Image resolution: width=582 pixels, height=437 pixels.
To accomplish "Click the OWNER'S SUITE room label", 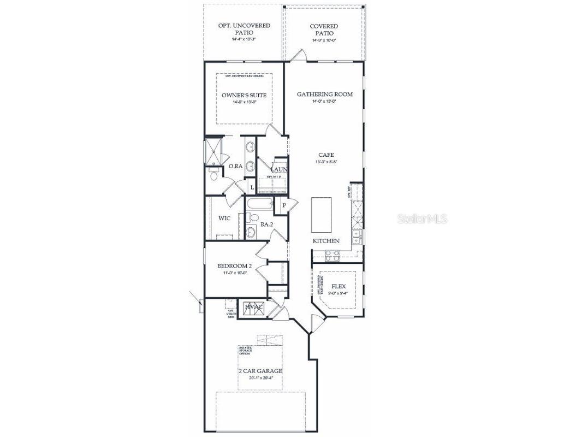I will tap(244, 96).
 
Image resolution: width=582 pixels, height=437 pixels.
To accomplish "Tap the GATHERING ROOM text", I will tap(324, 95).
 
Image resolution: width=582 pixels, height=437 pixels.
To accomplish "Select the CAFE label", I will tap(325, 155).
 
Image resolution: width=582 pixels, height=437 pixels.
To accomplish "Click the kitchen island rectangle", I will tap(322, 215).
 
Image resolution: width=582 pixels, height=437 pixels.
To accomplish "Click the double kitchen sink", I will tap(356, 237).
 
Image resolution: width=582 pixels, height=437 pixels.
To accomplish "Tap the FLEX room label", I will tap(339, 286).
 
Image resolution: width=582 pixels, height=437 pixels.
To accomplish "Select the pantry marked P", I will tap(284, 205).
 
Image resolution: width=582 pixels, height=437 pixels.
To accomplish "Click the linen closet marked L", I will tap(251, 187).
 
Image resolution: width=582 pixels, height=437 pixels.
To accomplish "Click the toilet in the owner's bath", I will tap(213, 176).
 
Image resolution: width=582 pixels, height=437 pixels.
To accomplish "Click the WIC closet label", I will tap(224, 218).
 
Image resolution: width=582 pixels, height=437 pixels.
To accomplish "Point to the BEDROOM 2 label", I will tap(235, 266).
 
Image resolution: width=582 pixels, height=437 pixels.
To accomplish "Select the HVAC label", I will tap(253, 307).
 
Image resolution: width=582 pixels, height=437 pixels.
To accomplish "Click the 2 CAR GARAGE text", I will tap(260, 371).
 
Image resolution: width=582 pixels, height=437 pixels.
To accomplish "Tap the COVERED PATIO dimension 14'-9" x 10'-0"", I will tap(324, 40).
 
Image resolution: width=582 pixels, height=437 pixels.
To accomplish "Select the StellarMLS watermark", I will tap(422, 218).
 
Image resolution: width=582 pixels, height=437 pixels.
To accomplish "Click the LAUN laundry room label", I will tap(280, 169).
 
